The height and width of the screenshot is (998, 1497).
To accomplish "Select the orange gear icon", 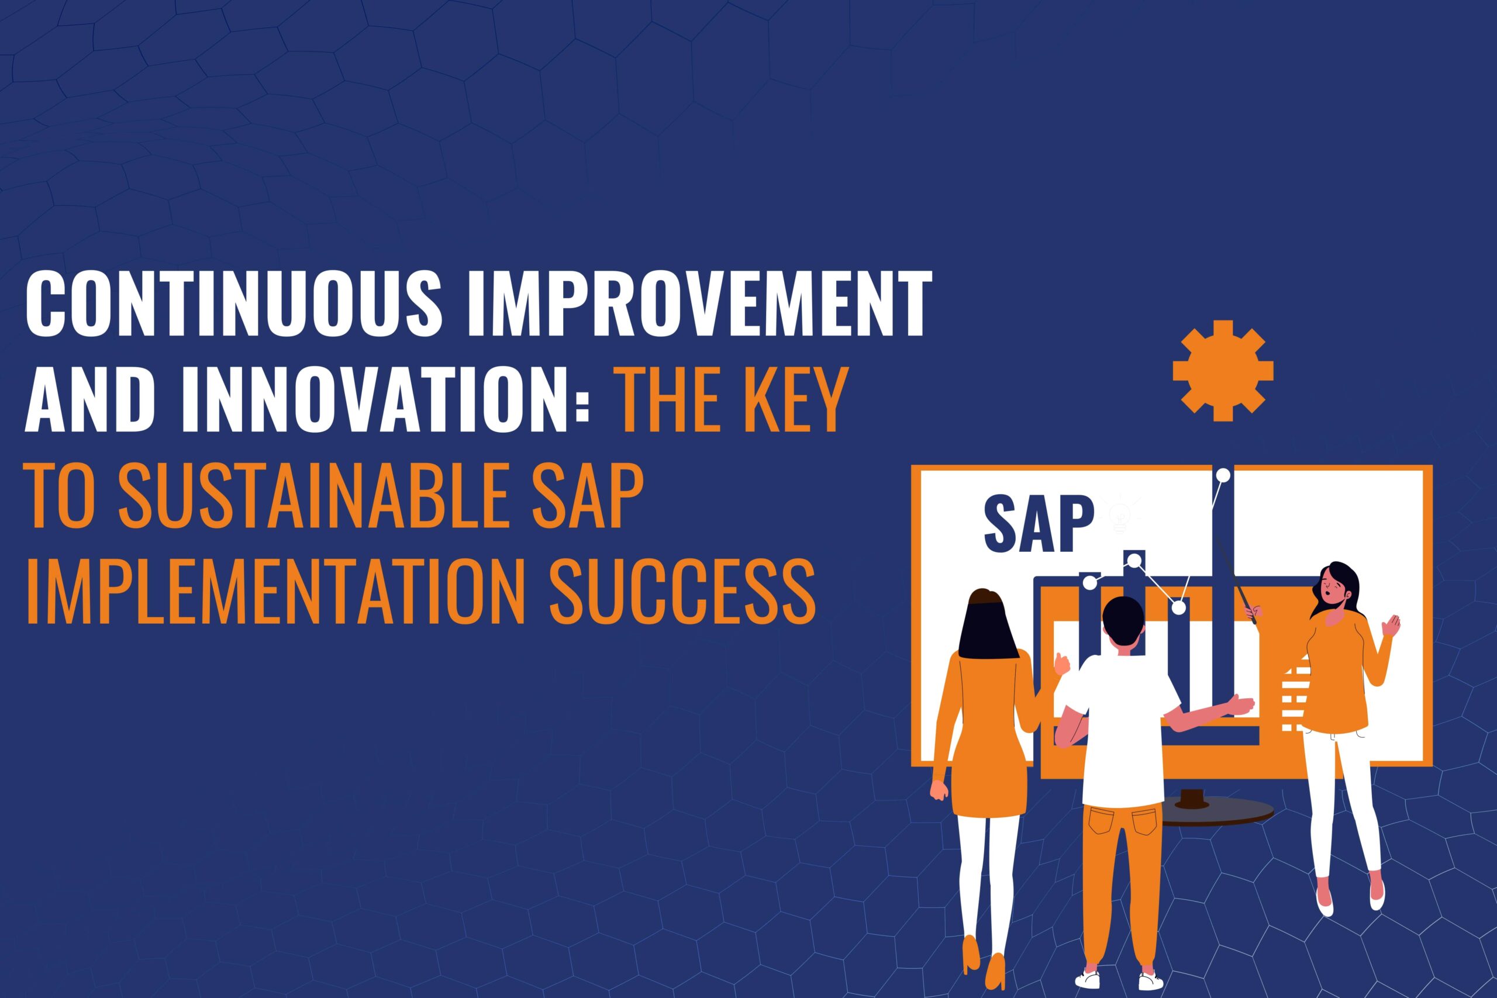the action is (1223, 371).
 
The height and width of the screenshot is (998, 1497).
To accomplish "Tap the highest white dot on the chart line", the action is (1222, 475).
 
